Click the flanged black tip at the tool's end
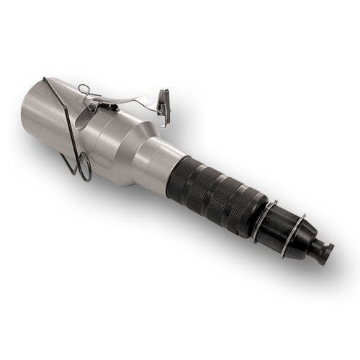coord(325,253)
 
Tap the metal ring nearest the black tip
coord(293,235)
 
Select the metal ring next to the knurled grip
coord(264,219)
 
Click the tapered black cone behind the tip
coord(305,242)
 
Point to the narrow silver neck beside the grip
coord(155,166)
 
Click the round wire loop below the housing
coord(84,167)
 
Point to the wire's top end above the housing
coord(44,78)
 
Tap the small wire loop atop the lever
coord(84,89)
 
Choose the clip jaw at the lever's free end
coord(164,104)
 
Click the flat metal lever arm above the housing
coord(133,99)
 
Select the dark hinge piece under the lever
coord(108,106)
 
